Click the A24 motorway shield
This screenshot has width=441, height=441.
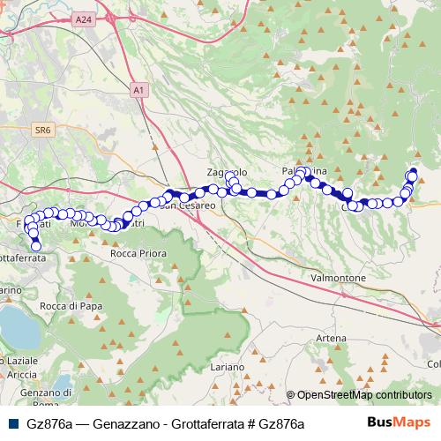tap(83, 19)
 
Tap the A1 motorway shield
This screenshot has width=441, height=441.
tap(138, 89)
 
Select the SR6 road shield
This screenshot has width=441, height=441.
tap(43, 130)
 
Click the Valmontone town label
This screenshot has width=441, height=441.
tap(339, 277)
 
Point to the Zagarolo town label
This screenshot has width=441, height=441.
tap(220, 172)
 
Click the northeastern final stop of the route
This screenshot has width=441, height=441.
tap(414, 172)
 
